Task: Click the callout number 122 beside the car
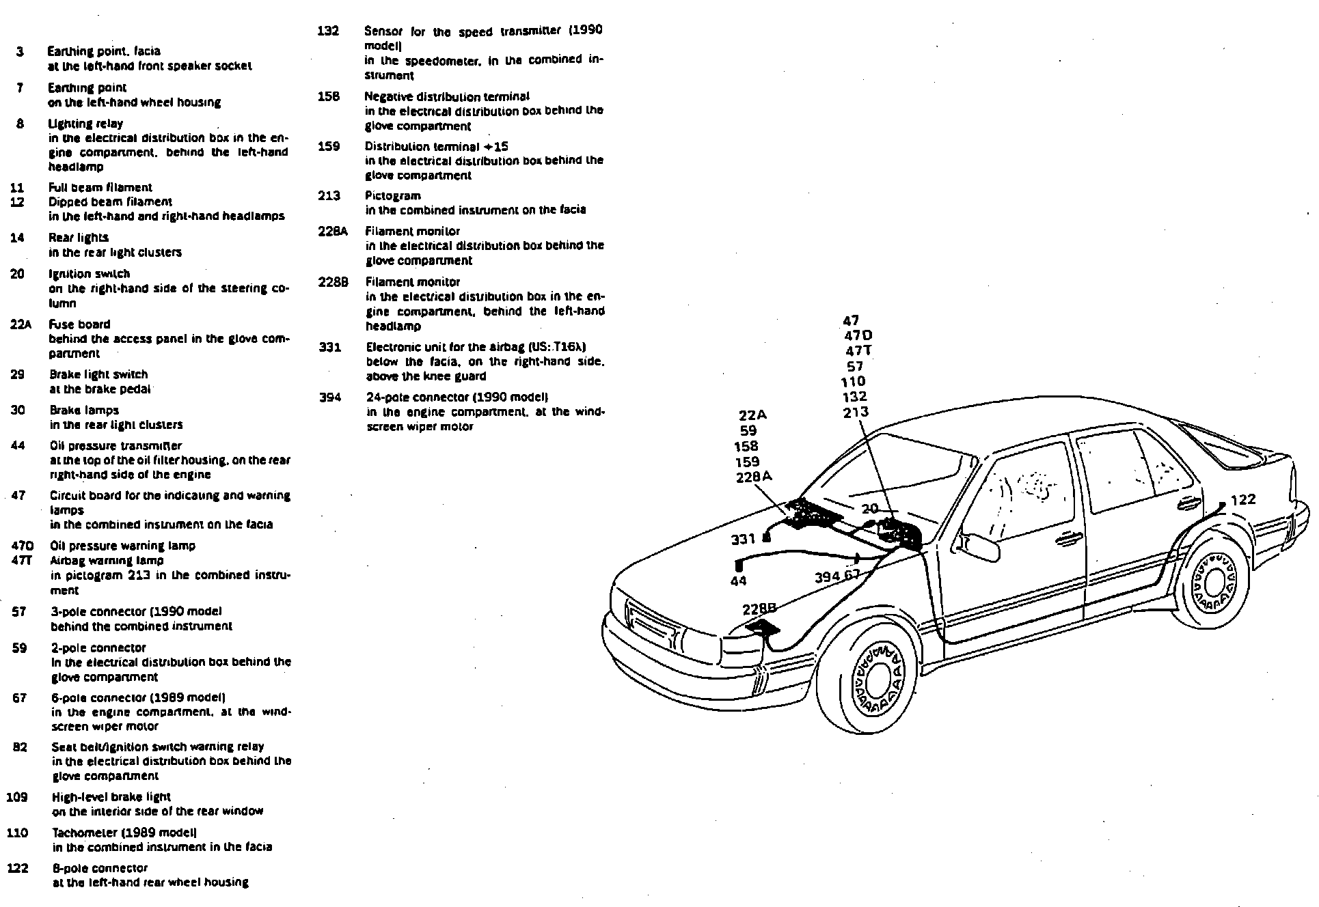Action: tap(1243, 499)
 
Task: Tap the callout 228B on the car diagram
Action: tap(759, 608)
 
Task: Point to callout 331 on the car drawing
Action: tap(743, 539)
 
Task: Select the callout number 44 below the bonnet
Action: tap(739, 581)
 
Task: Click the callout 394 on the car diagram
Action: tap(827, 576)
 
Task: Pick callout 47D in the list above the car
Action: tap(858, 335)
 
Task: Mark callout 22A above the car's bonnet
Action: tap(752, 415)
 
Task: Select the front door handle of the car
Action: tap(1068, 540)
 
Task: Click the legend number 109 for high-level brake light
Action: tap(16, 796)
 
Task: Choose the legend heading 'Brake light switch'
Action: tap(98, 374)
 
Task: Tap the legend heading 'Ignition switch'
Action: tap(89, 274)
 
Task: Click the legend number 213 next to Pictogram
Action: tap(329, 196)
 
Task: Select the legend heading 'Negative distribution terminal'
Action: tap(447, 96)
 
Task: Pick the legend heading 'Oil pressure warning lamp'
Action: tap(123, 546)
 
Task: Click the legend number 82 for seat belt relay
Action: tap(20, 746)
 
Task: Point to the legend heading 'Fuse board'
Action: tap(79, 324)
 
